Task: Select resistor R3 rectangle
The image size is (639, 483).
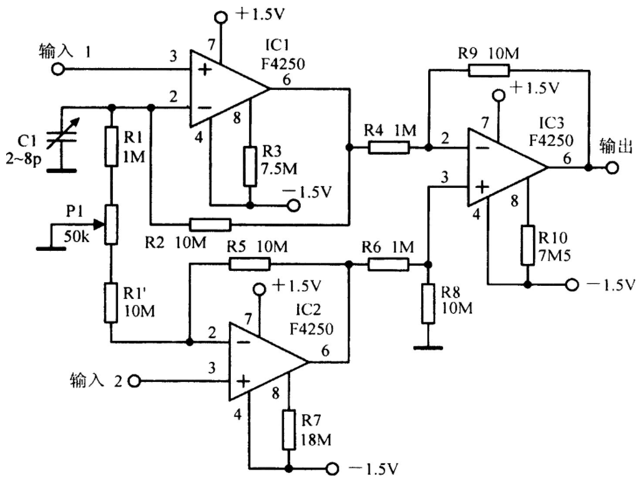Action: (x=250, y=166)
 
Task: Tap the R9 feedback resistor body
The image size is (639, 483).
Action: (x=489, y=70)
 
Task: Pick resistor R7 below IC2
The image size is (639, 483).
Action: (x=289, y=430)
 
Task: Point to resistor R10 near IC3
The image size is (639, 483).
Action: (x=528, y=245)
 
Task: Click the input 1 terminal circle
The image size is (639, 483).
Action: (x=58, y=69)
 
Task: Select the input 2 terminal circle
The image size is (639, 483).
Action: (x=134, y=381)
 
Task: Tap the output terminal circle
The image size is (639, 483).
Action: (x=612, y=167)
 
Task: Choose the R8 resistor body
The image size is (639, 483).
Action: (x=428, y=304)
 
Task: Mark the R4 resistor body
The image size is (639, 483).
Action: (x=389, y=147)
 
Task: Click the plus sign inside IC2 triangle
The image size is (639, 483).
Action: (x=243, y=382)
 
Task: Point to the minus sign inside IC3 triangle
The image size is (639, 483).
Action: (x=482, y=148)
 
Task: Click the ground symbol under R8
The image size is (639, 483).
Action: (x=428, y=348)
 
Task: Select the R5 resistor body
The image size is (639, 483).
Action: (x=250, y=264)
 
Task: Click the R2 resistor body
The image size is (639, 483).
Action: (x=210, y=225)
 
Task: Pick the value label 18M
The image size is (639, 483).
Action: (x=316, y=440)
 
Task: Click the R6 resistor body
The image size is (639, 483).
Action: (x=388, y=264)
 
